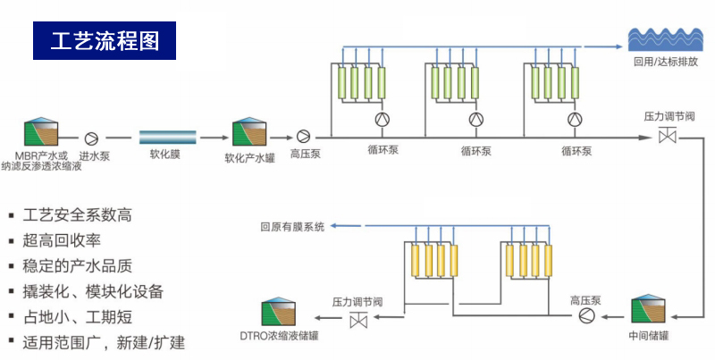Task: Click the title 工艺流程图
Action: [x=105, y=41]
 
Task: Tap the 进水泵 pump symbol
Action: [x=91, y=138]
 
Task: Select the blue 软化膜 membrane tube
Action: [x=167, y=137]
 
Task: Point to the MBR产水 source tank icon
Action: [x=37, y=132]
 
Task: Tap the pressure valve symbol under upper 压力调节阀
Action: [x=667, y=137]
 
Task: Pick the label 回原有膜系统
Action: [x=292, y=227]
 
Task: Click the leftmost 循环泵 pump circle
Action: [x=382, y=120]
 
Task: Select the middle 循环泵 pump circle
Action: [x=475, y=120]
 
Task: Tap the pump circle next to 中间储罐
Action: [x=585, y=316]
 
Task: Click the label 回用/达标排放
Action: [x=665, y=63]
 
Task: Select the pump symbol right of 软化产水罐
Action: [x=304, y=137]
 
